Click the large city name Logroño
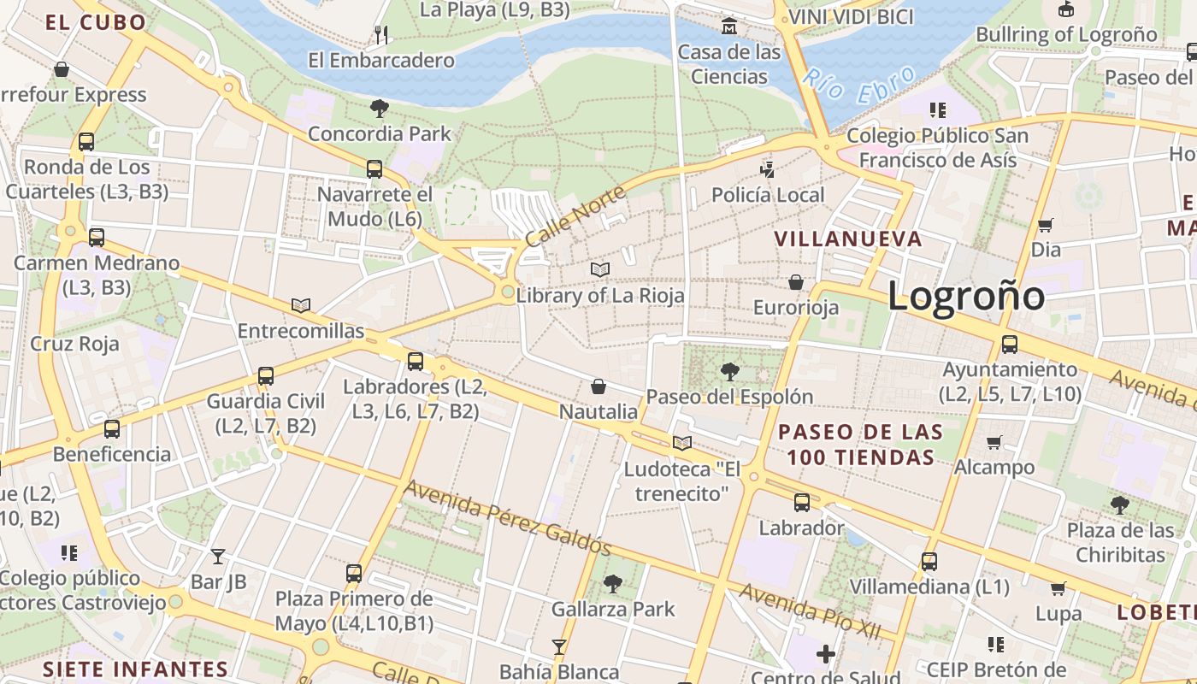965,297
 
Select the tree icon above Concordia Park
380,109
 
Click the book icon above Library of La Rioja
600,270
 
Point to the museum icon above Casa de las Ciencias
729,27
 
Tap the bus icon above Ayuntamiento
1010,345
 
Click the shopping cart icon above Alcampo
994,442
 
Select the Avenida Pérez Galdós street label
507,517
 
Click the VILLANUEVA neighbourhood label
848,239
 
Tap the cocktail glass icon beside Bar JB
218,557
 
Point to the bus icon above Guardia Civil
266,376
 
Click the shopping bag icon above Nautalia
598,387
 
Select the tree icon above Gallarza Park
612,584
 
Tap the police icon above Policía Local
767,170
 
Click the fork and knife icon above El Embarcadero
381,35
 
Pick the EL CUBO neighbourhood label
96,23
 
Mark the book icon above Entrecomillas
300,305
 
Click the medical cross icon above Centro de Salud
825,654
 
